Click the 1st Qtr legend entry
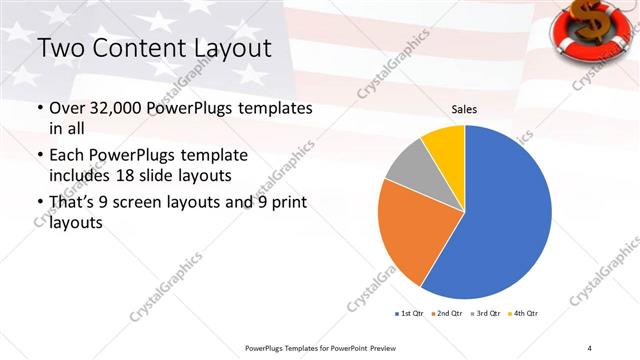click(x=411, y=314)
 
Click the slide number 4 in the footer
click(x=590, y=347)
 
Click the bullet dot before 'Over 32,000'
click(x=39, y=109)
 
